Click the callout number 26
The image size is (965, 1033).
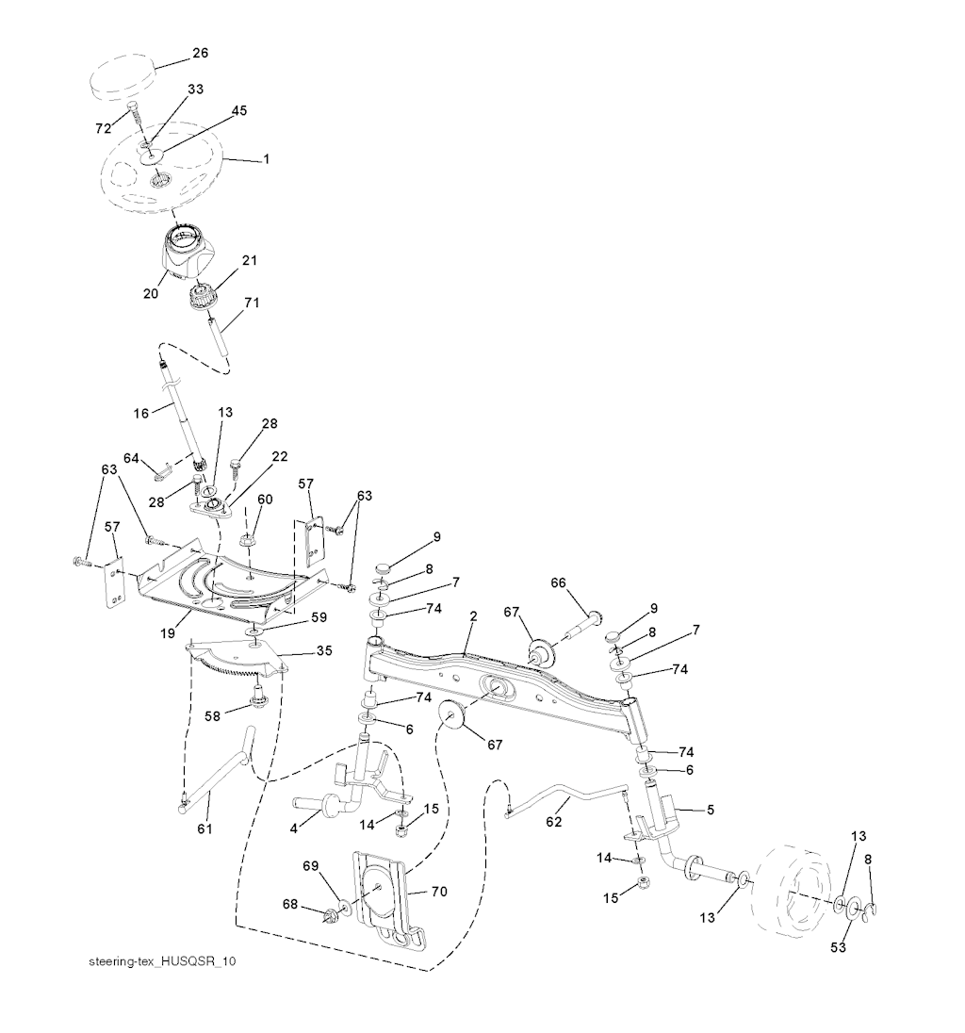[200, 53]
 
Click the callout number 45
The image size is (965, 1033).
[239, 110]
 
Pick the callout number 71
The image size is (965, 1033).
[252, 303]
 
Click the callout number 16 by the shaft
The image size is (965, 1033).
[141, 414]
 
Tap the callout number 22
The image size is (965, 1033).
[280, 456]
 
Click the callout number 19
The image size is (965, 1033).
[168, 633]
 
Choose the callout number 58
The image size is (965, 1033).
[212, 716]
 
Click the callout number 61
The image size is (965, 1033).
[204, 828]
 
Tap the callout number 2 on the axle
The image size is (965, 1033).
[474, 617]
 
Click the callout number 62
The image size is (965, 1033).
[553, 822]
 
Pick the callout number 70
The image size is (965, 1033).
[439, 892]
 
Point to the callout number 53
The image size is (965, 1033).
[838, 947]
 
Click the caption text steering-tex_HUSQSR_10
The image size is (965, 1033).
[162, 961]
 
